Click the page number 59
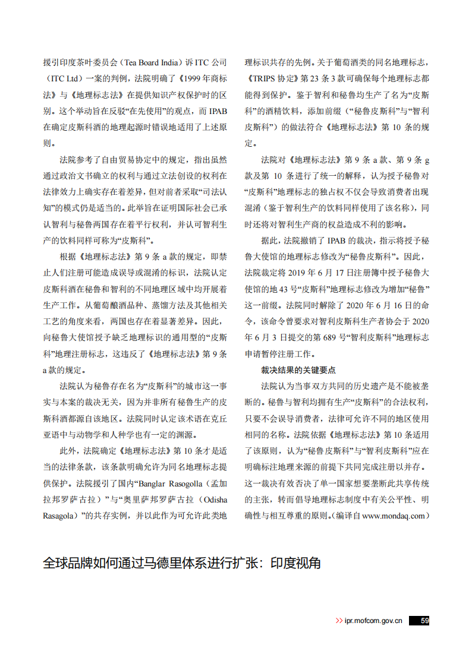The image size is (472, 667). tap(424, 621)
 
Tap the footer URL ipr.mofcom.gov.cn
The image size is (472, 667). tap(373, 621)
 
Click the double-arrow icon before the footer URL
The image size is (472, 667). tap(339, 621)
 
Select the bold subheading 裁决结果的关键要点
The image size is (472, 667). tap(298, 369)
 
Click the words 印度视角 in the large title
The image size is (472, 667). tap(296, 562)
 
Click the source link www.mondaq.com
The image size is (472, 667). tap(393, 516)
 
